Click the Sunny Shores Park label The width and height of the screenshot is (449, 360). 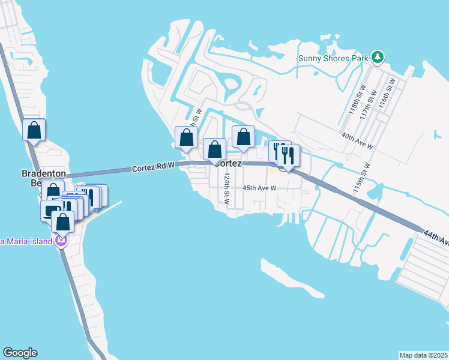point(333,58)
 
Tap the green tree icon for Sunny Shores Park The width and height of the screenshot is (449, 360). point(377,58)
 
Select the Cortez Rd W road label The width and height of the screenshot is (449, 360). point(153,169)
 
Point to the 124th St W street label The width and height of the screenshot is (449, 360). point(227,189)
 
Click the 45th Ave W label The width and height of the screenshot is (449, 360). point(259,188)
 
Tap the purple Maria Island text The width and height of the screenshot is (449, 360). point(26,242)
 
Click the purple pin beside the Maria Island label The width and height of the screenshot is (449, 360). point(60,241)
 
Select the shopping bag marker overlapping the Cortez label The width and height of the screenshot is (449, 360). point(214,150)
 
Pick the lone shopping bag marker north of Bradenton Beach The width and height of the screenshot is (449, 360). point(34,130)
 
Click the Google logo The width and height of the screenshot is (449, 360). point(20,353)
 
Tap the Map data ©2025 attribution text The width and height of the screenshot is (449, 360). point(424,355)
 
